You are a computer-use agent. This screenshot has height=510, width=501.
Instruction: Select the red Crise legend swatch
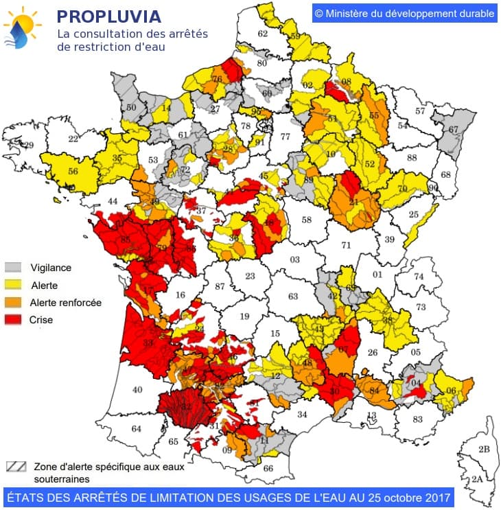click(x=14, y=320)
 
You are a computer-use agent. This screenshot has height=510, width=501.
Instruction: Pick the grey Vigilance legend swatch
click(x=14, y=268)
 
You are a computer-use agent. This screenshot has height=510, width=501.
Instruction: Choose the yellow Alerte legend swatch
click(x=14, y=285)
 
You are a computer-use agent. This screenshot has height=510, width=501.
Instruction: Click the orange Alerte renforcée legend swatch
click(x=14, y=303)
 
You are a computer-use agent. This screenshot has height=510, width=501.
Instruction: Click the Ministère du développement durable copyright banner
click(x=404, y=13)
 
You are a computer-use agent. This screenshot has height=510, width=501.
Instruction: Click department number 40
click(x=137, y=390)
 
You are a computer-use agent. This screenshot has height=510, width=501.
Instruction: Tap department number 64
click(x=136, y=429)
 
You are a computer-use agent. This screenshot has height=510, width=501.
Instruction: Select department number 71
click(x=346, y=245)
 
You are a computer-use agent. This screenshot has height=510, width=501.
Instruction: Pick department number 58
click(x=306, y=220)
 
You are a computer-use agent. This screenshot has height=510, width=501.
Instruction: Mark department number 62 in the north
click(x=262, y=34)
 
